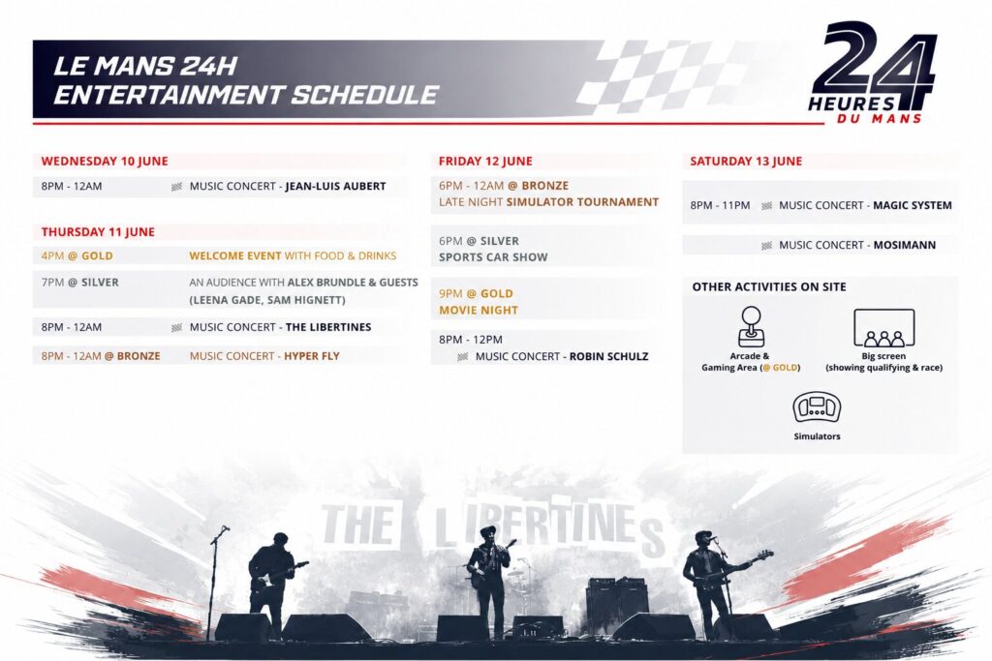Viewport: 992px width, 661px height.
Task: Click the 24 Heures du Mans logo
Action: tap(872, 72)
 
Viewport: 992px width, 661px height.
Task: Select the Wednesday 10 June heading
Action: tap(105, 162)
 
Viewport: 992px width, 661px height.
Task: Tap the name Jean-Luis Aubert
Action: tap(335, 187)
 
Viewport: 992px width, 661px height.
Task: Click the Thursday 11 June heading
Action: tap(98, 232)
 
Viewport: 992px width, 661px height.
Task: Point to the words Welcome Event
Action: tap(235, 255)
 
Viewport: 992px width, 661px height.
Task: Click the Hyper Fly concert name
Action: tap(312, 356)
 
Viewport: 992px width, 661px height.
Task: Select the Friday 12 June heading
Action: tap(485, 162)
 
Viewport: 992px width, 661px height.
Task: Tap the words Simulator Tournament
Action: tap(582, 202)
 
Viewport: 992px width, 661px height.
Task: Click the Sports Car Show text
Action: tap(493, 257)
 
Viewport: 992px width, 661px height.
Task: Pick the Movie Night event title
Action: tap(479, 311)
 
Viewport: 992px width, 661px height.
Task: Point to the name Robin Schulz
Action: tap(608, 356)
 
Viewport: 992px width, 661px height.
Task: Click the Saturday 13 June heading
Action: tap(746, 162)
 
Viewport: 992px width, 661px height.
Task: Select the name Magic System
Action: tap(913, 205)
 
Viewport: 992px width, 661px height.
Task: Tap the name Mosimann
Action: tap(905, 245)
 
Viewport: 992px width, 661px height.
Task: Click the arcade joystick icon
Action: tap(752, 327)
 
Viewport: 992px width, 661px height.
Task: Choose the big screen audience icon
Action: tap(883, 328)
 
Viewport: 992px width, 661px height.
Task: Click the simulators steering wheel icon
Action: tap(817, 407)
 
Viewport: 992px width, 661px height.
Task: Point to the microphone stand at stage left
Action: tap(213, 583)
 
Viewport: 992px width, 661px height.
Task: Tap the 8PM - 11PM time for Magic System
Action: tap(720, 205)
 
